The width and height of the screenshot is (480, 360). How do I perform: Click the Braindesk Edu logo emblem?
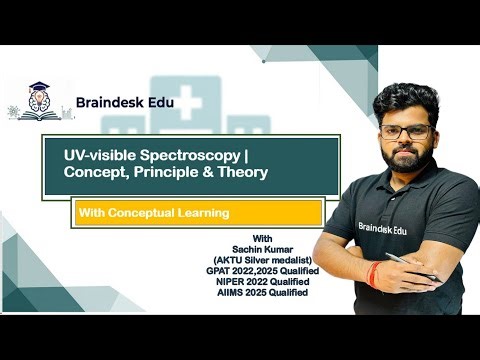(38, 100)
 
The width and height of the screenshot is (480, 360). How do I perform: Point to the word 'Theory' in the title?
(242, 175)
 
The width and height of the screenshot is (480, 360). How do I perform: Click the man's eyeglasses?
(406, 131)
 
